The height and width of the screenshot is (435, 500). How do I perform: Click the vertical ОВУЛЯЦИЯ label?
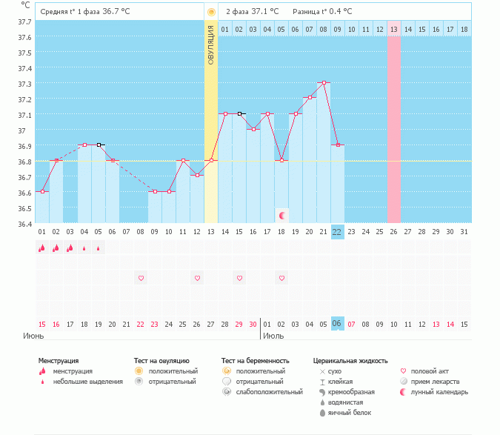pyautogui.click(x=211, y=45)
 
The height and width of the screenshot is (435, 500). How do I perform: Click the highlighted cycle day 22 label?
pyautogui.click(x=337, y=231)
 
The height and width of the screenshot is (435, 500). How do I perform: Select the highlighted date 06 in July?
pyautogui.click(x=337, y=324)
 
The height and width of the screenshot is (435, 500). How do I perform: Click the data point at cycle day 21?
pyautogui.click(x=324, y=83)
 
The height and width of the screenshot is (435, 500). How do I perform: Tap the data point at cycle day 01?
pyautogui.click(x=42, y=192)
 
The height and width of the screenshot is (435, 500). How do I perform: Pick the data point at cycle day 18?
pyautogui.click(x=281, y=161)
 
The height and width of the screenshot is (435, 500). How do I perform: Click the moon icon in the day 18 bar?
pyautogui.click(x=281, y=216)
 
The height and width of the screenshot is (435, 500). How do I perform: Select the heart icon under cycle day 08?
pyautogui.click(x=141, y=278)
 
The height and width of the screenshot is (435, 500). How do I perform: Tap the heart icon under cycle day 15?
pyautogui.click(x=239, y=278)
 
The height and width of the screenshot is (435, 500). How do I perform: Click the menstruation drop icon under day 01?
pyautogui.click(x=42, y=248)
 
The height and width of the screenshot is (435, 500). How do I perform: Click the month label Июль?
pyautogui.click(x=273, y=336)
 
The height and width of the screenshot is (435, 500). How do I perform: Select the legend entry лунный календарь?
pyautogui.click(x=441, y=391)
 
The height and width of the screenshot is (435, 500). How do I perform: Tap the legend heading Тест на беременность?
pyautogui.click(x=255, y=361)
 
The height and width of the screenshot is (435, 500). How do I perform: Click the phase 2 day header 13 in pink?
pyautogui.click(x=394, y=29)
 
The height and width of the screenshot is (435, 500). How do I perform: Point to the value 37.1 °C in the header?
pyautogui.click(x=265, y=12)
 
